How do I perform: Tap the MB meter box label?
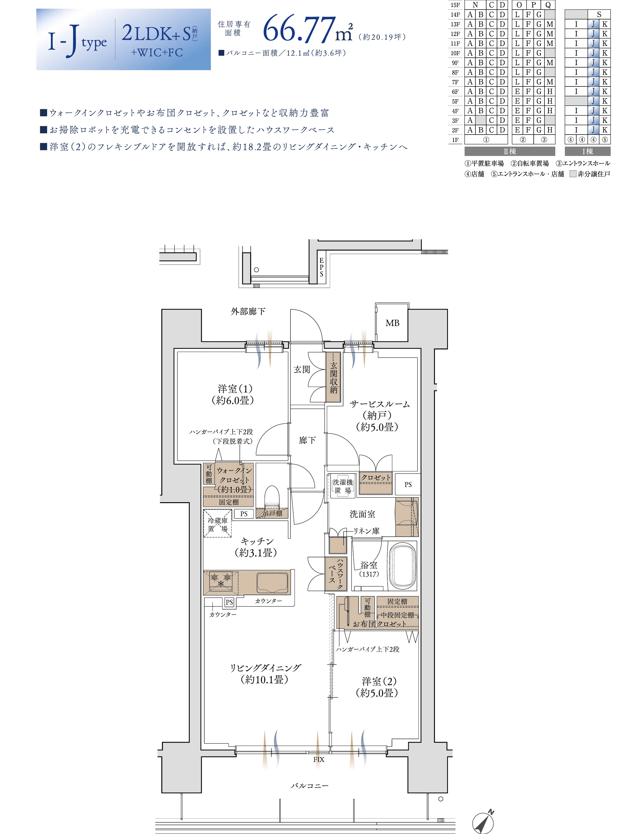click(x=392, y=323)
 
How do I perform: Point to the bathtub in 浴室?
click(x=403, y=565)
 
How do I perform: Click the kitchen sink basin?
click(x=272, y=582)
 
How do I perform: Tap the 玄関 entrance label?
click(x=302, y=369)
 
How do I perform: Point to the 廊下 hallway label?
click(x=307, y=440)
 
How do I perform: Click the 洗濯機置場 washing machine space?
click(x=342, y=486)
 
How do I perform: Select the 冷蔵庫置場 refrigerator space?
click(x=217, y=523)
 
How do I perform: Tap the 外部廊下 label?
click(x=248, y=311)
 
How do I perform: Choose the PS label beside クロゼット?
click(x=408, y=485)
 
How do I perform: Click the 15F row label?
click(x=455, y=5)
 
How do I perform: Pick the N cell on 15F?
click(x=475, y=5)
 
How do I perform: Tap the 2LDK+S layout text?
click(x=157, y=33)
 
